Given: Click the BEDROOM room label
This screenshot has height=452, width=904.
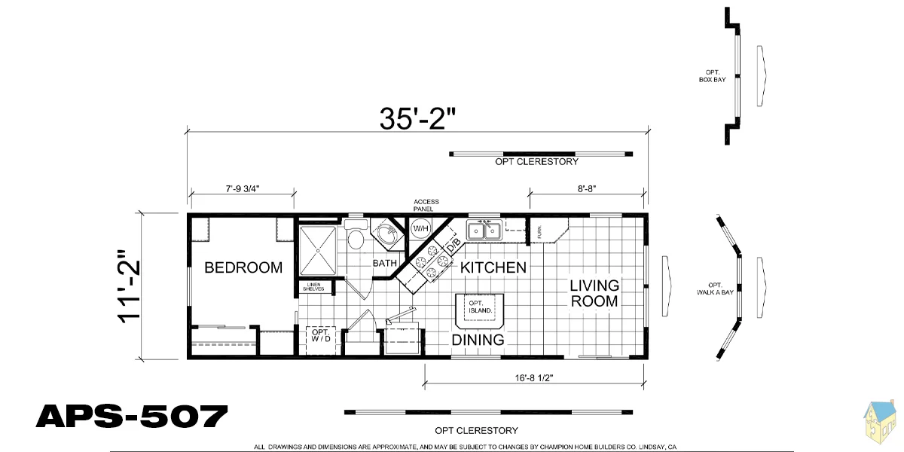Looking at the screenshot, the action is pyautogui.click(x=243, y=267).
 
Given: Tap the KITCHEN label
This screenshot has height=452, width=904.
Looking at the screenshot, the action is pyautogui.click(x=493, y=267).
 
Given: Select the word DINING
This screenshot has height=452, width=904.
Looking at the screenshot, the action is pyautogui.click(x=478, y=340).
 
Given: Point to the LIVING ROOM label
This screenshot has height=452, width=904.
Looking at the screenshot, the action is pyautogui.click(x=594, y=293).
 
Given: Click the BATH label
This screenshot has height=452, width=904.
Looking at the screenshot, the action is pyautogui.click(x=385, y=263).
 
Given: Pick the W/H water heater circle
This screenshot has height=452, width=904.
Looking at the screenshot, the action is pyautogui.click(x=420, y=229).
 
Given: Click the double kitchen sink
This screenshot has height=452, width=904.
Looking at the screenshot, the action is pyautogui.click(x=484, y=231).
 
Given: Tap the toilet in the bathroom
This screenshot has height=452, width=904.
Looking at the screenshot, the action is pyautogui.click(x=356, y=235).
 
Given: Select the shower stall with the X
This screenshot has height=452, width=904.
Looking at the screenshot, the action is pyautogui.click(x=318, y=251).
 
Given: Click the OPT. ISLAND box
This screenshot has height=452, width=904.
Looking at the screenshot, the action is pyautogui.click(x=480, y=311).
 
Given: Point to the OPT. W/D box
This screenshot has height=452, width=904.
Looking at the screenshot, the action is pyautogui.click(x=321, y=341).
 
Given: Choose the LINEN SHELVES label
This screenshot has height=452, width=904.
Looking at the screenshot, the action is pyautogui.click(x=313, y=287).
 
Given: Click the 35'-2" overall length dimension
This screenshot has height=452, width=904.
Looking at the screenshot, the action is pyautogui.click(x=417, y=119).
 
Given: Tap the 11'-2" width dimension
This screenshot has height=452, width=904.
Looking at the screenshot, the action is pyautogui.click(x=129, y=286).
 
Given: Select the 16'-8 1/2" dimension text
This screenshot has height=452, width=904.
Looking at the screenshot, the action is pyautogui.click(x=534, y=378).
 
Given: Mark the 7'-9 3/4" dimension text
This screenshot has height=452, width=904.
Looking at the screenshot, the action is pyautogui.click(x=242, y=189).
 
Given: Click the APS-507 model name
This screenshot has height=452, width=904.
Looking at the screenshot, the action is pyautogui.click(x=132, y=417).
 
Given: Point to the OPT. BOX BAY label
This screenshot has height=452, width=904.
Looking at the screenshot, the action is pyautogui.click(x=713, y=76).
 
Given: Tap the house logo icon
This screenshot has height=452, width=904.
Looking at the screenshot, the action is pyautogui.click(x=881, y=423).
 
